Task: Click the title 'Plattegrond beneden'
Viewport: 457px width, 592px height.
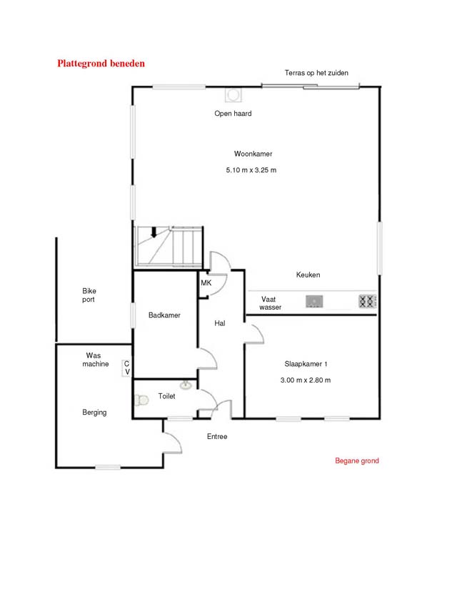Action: tap(101, 64)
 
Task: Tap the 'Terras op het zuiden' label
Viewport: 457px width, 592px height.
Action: tap(316, 73)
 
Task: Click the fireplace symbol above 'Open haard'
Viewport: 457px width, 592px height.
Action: tap(233, 95)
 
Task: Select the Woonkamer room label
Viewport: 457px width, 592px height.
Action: tap(253, 154)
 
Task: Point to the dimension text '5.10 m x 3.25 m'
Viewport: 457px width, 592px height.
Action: tap(251, 170)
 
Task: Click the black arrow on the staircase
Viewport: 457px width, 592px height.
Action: tap(154, 232)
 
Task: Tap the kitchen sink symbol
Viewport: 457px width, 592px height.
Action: tap(314, 301)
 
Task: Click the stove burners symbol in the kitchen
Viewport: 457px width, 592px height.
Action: tap(367, 301)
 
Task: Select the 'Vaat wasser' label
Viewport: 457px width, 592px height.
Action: tap(270, 303)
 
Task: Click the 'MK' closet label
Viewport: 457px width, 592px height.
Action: tap(206, 283)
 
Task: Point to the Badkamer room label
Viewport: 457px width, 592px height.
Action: tap(164, 315)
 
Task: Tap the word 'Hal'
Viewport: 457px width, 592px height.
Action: tap(220, 322)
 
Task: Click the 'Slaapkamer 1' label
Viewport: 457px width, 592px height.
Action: tap(306, 364)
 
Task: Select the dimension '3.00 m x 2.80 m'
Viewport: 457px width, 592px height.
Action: tap(306, 380)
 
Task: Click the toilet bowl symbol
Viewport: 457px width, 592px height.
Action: tap(142, 400)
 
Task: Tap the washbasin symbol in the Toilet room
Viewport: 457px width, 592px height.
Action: tap(186, 385)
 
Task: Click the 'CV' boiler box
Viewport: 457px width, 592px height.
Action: tap(126, 367)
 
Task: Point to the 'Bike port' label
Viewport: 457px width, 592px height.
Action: tap(89, 295)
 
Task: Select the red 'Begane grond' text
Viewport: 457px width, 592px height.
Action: tap(357, 460)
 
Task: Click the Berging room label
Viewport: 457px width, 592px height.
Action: tap(94, 413)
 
